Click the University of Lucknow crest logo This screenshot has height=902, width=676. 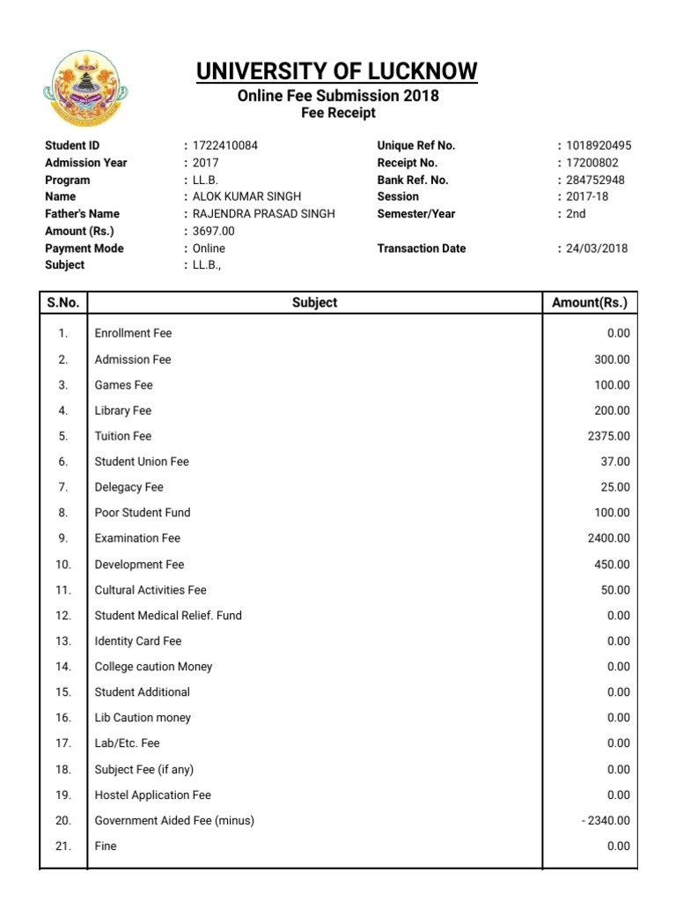coord(85,88)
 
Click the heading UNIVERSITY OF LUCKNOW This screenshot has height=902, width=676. coord(337,71)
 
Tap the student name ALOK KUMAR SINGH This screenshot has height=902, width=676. coord(246,196)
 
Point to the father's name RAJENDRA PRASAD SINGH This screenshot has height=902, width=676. coord(264,214)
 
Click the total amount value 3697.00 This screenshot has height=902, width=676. coord(217,231)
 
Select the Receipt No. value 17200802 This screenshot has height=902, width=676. coord(592,163)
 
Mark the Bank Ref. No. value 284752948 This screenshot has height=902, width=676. coord(595,180)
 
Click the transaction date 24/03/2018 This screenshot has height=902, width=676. coord(597,248)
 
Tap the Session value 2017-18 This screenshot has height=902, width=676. coord(587,196)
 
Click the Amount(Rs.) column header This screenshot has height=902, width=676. coord(590,302)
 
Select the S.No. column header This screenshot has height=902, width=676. coord(63,302)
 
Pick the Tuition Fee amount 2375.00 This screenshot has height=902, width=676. coord(608,436)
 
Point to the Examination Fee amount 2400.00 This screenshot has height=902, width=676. coord(608,538)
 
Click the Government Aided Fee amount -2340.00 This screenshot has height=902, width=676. coord(606,821)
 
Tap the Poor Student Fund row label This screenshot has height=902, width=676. coord(143,513)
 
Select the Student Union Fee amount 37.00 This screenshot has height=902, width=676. coord(615,462)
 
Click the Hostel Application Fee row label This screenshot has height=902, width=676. coord(153,795)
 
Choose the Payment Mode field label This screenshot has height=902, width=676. coord(84,248)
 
